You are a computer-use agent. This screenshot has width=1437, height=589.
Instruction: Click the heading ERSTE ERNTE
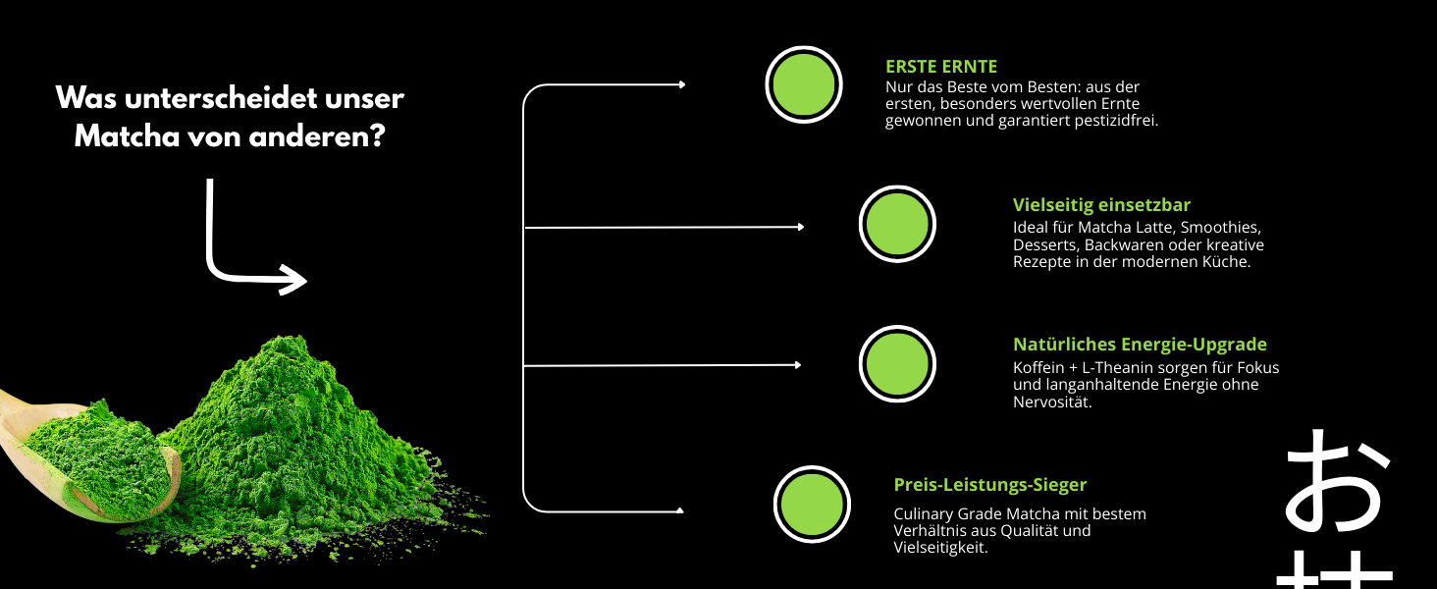[940, 67]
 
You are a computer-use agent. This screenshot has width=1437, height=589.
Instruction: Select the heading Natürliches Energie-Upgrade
[1140, 345]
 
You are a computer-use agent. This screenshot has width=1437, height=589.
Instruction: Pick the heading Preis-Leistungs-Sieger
[989, 485]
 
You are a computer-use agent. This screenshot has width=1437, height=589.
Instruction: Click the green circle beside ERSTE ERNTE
[804, 84]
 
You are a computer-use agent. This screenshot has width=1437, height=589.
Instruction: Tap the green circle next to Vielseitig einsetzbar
[897, 224]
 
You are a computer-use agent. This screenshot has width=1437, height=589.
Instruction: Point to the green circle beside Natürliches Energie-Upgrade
[897, 364]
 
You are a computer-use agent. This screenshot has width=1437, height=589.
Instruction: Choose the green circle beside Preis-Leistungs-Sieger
[812, 505]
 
